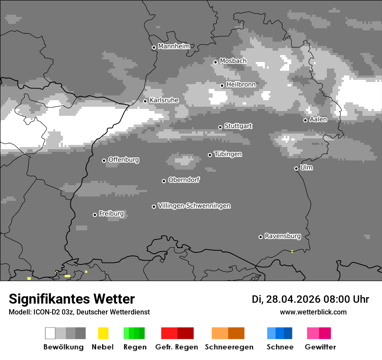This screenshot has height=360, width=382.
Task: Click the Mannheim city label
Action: point(174,46)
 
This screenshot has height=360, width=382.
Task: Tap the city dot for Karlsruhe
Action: point(145,101)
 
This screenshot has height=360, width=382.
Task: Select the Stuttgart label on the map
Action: point(238,126)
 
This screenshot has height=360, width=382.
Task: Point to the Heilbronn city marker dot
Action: point(222,85)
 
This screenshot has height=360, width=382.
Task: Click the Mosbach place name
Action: point(233,61)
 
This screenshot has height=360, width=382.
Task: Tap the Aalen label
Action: point(318,119)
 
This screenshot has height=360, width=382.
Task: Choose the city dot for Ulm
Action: point(296,168)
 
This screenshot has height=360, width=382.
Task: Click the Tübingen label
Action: point(228,154)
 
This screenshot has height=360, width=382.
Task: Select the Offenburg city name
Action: point(124,160)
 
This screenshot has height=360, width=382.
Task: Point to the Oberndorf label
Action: point(184,180)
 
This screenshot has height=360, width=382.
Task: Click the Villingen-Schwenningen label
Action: point(194,206)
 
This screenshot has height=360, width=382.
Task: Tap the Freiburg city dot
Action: point(95,215)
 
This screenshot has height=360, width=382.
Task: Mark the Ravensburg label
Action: point(283,236)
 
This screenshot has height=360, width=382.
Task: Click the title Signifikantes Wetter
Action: point(72,299)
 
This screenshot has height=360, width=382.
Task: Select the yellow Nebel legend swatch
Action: point(103,333)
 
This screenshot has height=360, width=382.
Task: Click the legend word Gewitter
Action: point(320,347)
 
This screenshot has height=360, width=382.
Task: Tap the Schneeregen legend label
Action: point(229,347)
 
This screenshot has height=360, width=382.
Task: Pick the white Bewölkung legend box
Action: point(50,333)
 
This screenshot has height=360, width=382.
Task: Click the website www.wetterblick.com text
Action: point(313,312)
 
